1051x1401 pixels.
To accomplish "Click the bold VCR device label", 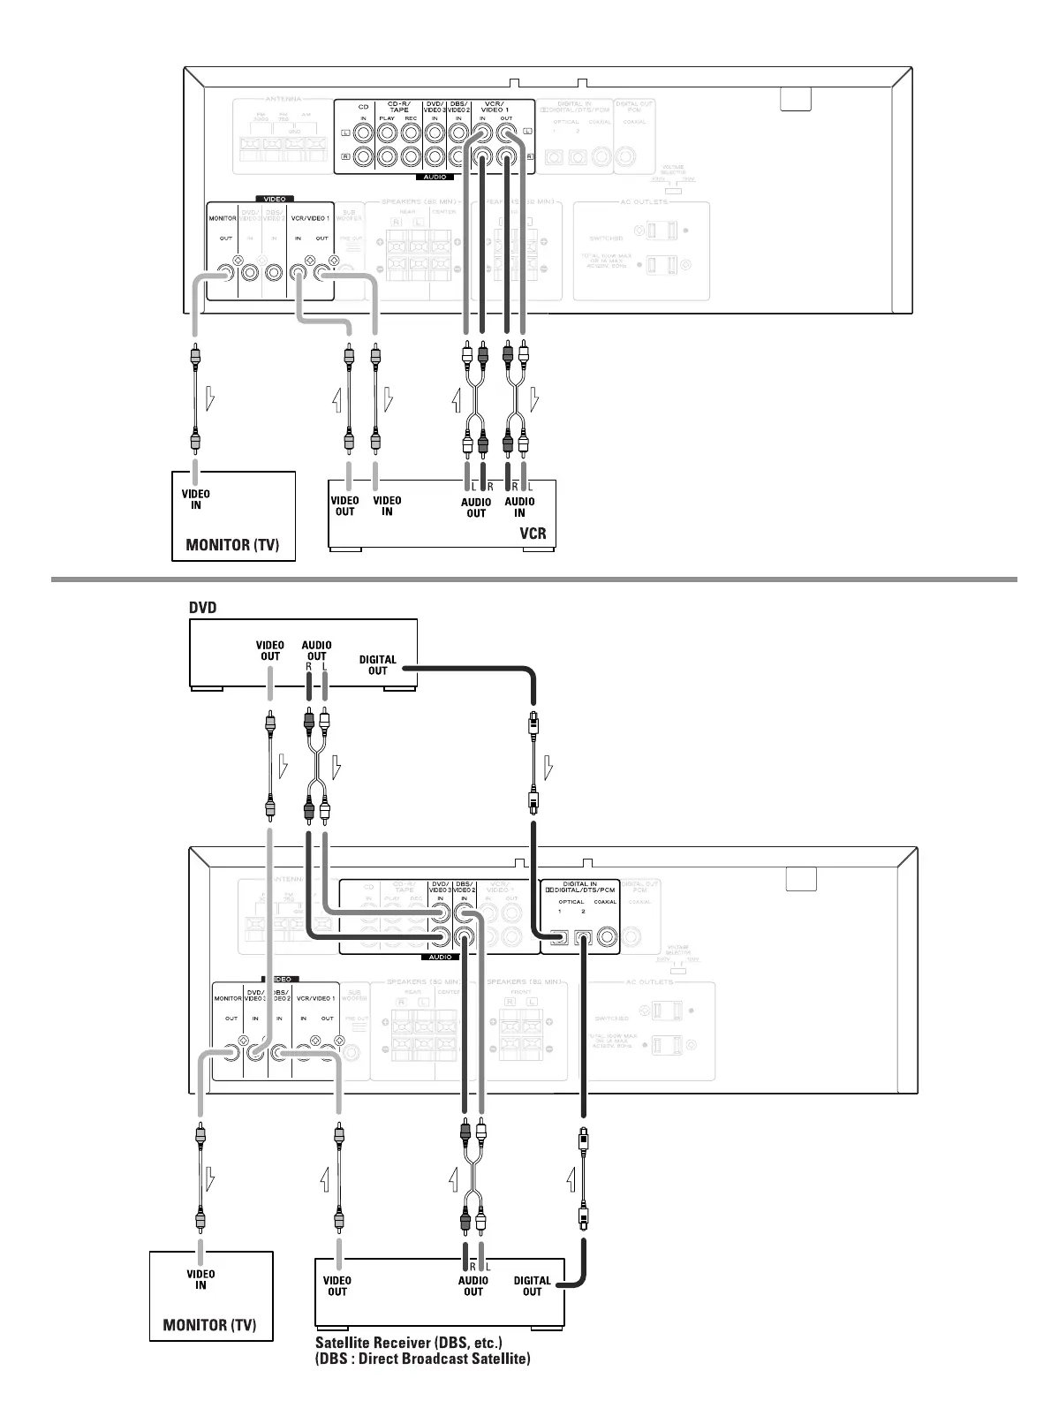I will pyautogui.click(x=533, y=533).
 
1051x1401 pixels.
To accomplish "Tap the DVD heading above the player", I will pyautogui.click(x=203, y=608).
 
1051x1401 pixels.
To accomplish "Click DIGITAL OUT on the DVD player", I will pyautogui.click(x=378, y=664).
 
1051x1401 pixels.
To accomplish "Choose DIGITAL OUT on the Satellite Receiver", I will pyautogui.click(x=532, y=1285).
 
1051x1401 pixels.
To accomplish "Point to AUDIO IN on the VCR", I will pyautogui.click(x=519, y=507).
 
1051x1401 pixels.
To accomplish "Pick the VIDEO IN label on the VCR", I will pyautogui.click(x=387, y=506).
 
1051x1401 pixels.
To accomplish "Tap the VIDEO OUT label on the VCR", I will pyautogui.click(x=344, y=506).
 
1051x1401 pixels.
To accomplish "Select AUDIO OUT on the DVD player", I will pyautogui.click(x=316, y=650).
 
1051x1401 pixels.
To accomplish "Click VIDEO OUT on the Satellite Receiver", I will pyautogui.click(x=337, y=1285).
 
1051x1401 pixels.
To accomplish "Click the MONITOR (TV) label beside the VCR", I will pyautogui.click(x=232, y=545).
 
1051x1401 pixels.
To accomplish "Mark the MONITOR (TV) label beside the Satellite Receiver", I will pyautogui.click(x=209, y=1325).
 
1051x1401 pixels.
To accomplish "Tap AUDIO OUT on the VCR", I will pyautogui.click(x=476, y=507).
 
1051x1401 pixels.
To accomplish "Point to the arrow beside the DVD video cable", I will pyautogui.click(x=283, y=765).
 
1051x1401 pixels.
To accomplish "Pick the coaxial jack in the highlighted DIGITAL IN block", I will pyautogui.click(x=607, y=937).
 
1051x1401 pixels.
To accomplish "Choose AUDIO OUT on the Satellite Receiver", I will pyautogui.click(x=473, y=1285).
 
